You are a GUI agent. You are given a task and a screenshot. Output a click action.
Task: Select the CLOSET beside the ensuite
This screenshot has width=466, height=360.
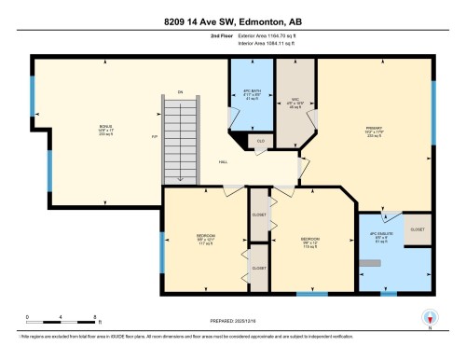[418, 228]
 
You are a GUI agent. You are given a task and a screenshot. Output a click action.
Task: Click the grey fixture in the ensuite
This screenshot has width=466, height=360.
[375, 264]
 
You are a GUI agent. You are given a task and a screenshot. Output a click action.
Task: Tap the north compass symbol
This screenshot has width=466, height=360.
[429, 317]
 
